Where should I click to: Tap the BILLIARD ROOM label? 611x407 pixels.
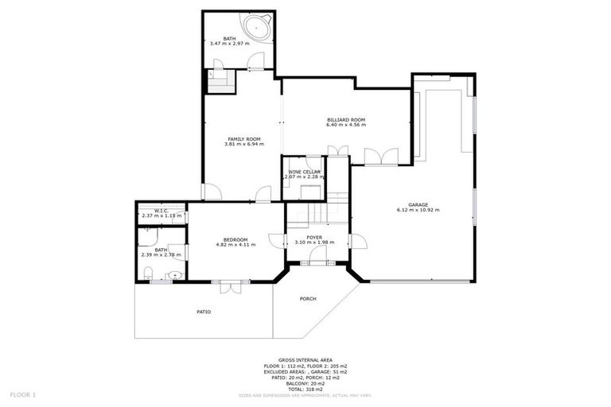tap(345, 119)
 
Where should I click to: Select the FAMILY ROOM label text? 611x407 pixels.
tap(243, 138)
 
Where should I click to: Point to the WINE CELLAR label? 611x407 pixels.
tap(304, 171)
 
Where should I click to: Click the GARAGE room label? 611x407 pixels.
tap(418, 204)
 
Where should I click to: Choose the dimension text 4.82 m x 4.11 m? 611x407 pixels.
tap(235, 245)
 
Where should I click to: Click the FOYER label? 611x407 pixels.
tap(314, 237)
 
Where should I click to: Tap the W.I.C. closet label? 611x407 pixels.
tap(161, 211)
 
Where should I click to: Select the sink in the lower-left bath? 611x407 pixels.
tap(174, 276)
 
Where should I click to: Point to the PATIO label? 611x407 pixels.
tap(204, 311)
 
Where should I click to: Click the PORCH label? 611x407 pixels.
tap(307, 299)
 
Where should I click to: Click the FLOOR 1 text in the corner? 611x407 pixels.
tap(22, 393)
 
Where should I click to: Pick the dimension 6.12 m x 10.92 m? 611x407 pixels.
tap(418, 210)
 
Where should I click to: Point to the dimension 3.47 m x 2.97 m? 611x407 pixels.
tap(229, 44)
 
